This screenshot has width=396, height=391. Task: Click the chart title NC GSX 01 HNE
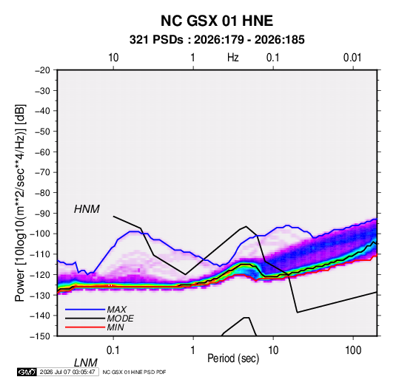217,21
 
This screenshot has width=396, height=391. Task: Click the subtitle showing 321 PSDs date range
217,40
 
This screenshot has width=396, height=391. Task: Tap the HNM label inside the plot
87,209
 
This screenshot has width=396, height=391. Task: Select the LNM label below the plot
86,363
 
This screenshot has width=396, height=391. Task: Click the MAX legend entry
117,310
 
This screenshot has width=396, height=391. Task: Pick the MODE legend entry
120,319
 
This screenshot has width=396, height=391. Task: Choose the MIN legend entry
115,327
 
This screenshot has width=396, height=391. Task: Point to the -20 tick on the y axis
42,70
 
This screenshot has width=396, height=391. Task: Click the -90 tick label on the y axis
42,214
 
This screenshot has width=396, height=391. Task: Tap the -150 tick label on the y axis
40,336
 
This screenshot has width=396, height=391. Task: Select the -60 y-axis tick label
42,152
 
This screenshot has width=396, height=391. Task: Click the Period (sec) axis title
233,358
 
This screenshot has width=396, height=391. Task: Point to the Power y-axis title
20,203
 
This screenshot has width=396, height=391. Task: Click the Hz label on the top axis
233,58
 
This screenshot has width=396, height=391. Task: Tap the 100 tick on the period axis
353,350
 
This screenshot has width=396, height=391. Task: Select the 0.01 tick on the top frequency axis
352,58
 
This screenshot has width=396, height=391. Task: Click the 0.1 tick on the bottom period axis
113,350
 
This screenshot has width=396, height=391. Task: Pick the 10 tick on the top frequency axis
113,58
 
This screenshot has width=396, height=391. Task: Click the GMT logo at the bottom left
27,372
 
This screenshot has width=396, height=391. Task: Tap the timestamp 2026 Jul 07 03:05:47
67,372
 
